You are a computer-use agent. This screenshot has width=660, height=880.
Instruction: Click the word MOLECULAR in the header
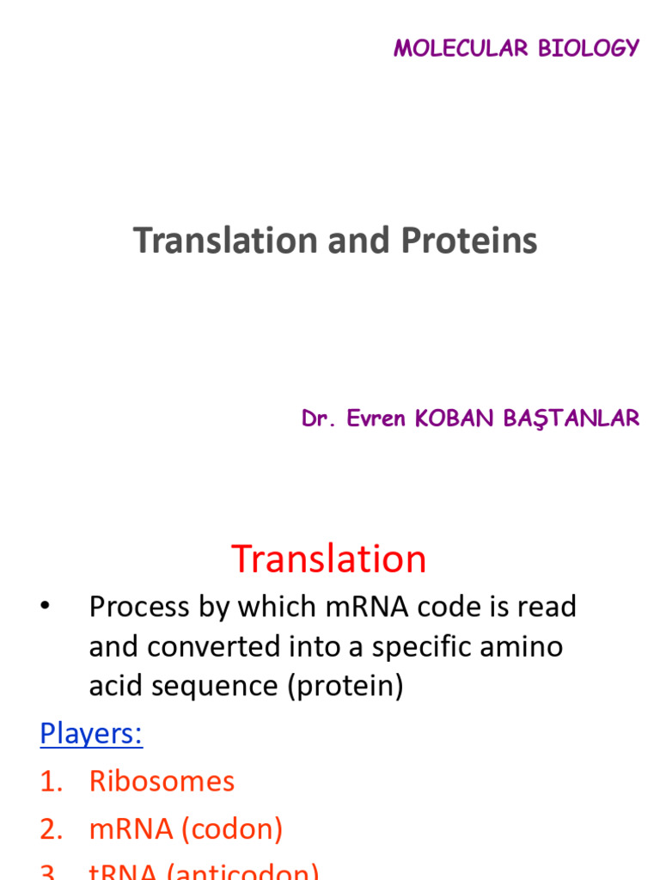(462, 48)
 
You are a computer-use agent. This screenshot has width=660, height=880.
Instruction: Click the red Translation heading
(329, 559)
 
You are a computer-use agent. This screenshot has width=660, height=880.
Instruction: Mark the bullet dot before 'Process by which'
(44, 608)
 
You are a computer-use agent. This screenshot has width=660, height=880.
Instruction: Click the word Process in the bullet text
(139, 608)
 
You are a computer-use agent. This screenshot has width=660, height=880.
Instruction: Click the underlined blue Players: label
(91, 735)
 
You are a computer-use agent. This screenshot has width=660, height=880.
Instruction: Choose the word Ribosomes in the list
(162, 781)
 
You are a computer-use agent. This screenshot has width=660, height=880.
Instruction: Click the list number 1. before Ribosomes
(52, 781)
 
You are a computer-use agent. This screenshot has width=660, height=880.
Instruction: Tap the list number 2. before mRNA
(52, 829)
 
